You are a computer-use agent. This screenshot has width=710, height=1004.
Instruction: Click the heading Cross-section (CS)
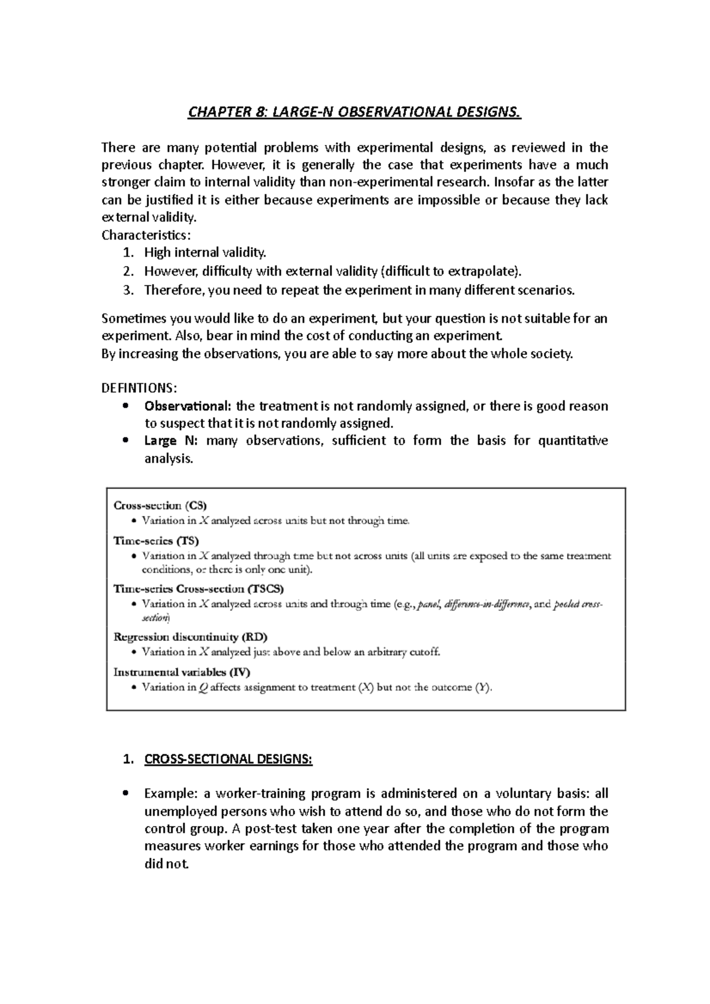(160, 506)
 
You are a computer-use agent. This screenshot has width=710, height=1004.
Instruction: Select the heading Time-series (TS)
(156, 540)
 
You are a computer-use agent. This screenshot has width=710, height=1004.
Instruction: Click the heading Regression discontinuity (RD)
(190, 637)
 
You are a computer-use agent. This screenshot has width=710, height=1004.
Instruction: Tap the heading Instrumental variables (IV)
(182, 672)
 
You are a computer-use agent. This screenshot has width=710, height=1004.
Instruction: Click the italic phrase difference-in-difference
(487, 604)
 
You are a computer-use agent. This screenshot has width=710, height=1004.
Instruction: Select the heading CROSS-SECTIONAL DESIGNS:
(228, 759)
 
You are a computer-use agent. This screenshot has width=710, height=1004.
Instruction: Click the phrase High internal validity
(205, 252)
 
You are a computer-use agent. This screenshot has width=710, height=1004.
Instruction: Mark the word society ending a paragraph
(551, 354)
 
